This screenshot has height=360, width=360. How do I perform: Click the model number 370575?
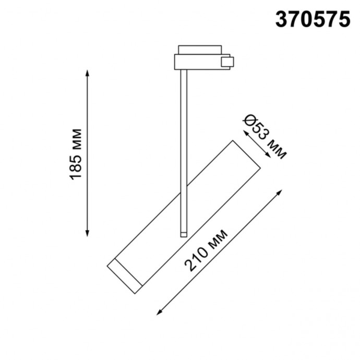(313, 20)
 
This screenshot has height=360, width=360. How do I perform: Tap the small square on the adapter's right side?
(227, 63)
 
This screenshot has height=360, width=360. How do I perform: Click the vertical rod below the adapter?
(182, 146)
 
